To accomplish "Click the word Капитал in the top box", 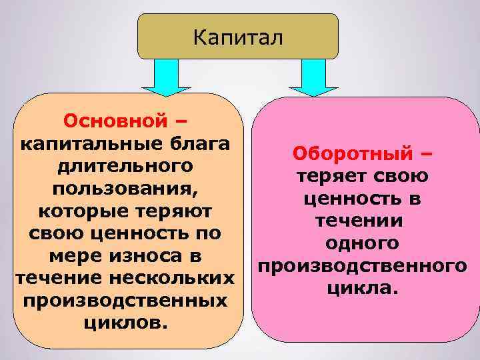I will pyautogui.click(x=238, y=36).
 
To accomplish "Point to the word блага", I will pyautogui.click(x=196, y=143).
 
